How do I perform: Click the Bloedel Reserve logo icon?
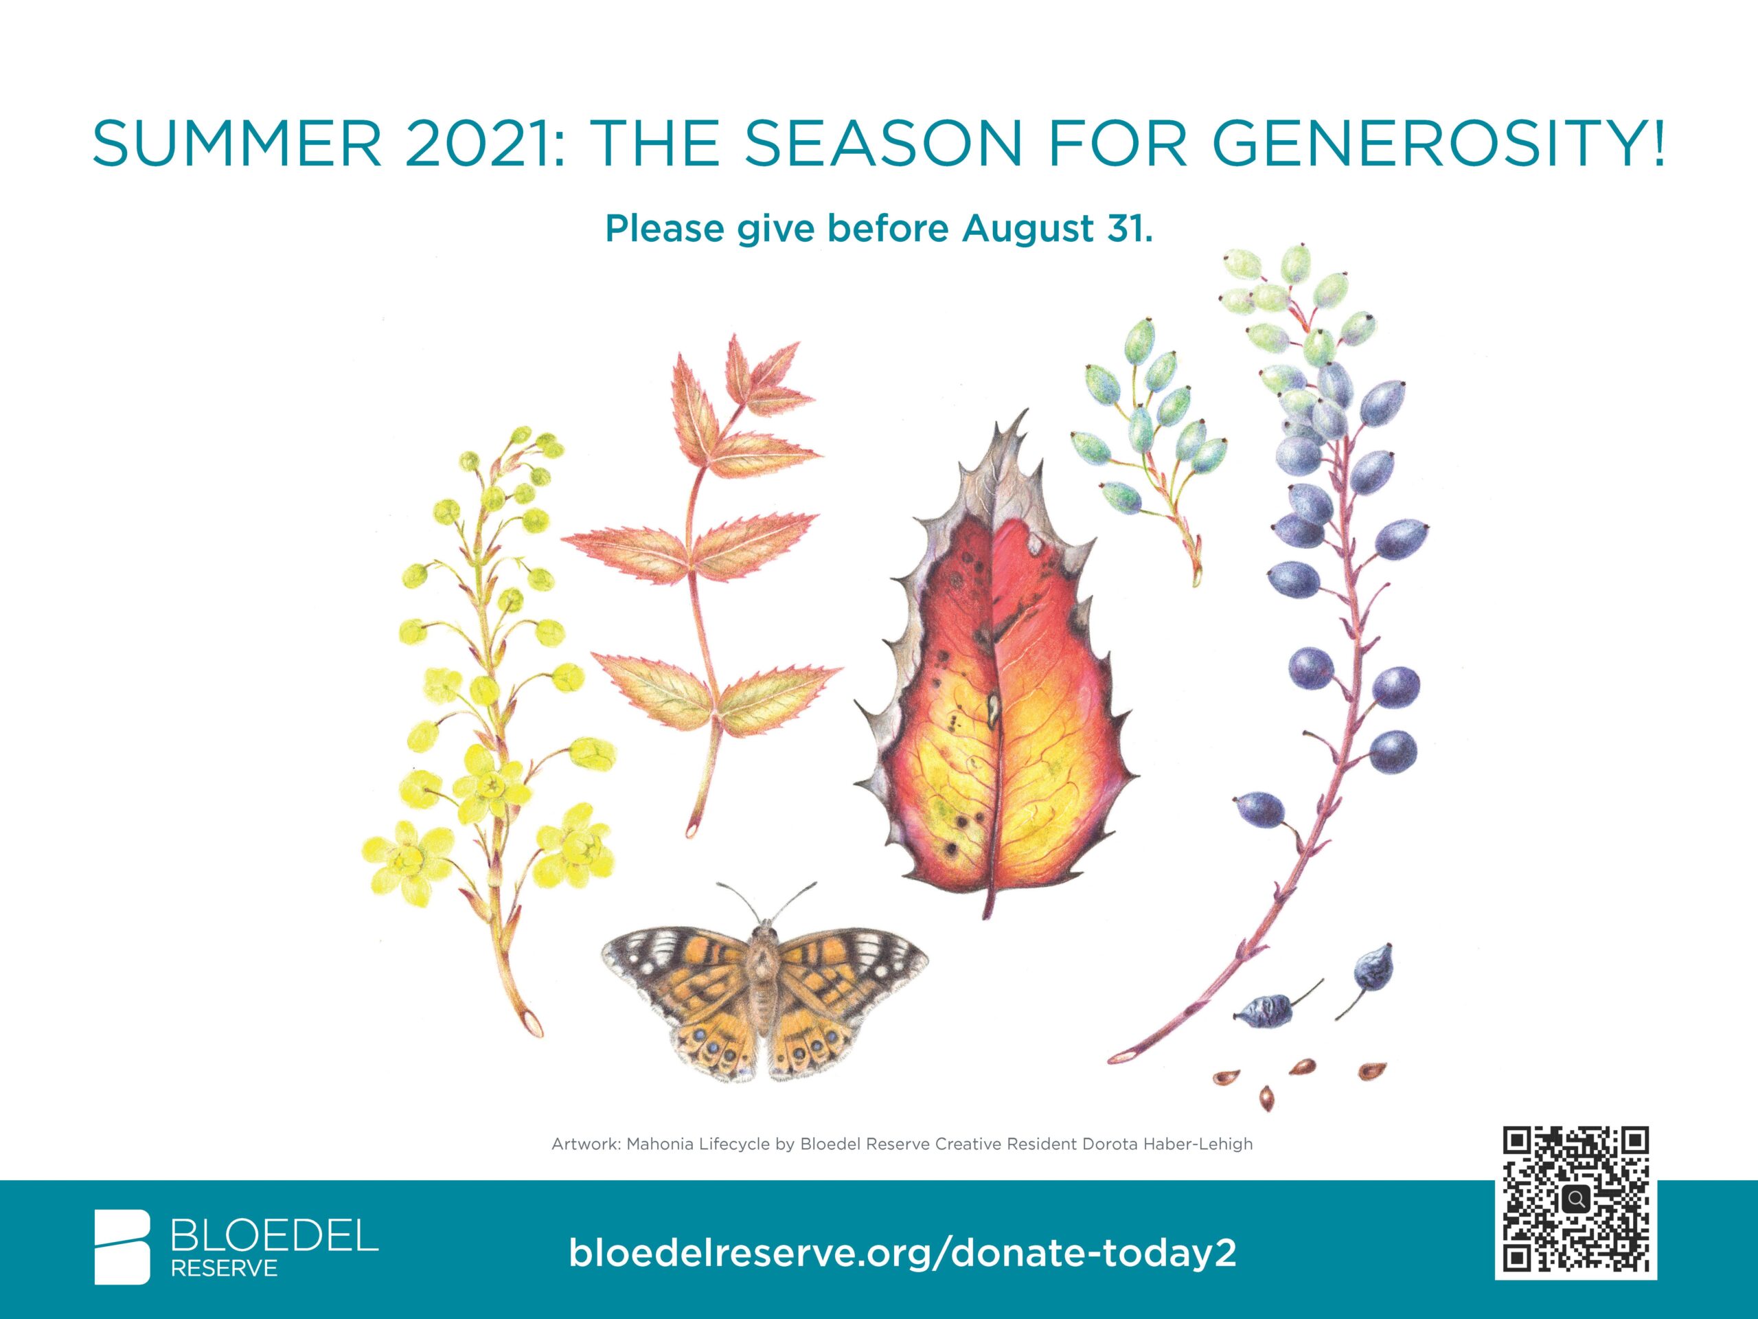point(122,1248)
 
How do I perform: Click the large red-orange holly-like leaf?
point(996,668)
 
